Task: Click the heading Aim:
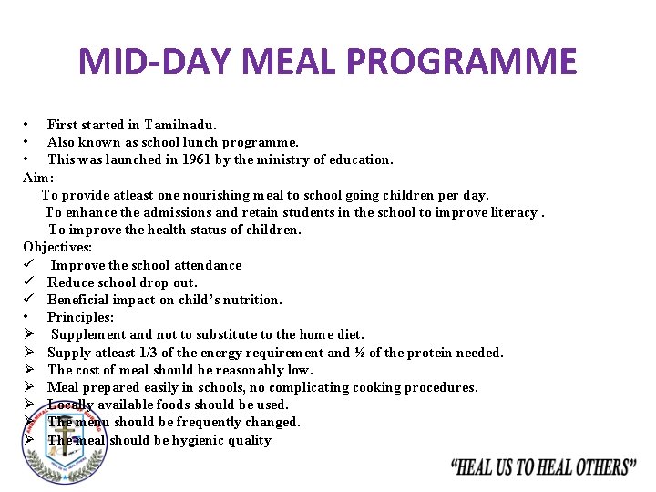click(x=38, y=177)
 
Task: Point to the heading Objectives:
click(x=57, y=247)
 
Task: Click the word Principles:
click(x=80, y=317)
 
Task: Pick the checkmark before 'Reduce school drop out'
click(x=29, y=282)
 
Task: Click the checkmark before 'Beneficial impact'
click(x=29, y=300)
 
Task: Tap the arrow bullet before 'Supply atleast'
click(x=29, y=353)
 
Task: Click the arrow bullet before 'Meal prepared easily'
click(x=29, y=387)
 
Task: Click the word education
click(x=361, y=159)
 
